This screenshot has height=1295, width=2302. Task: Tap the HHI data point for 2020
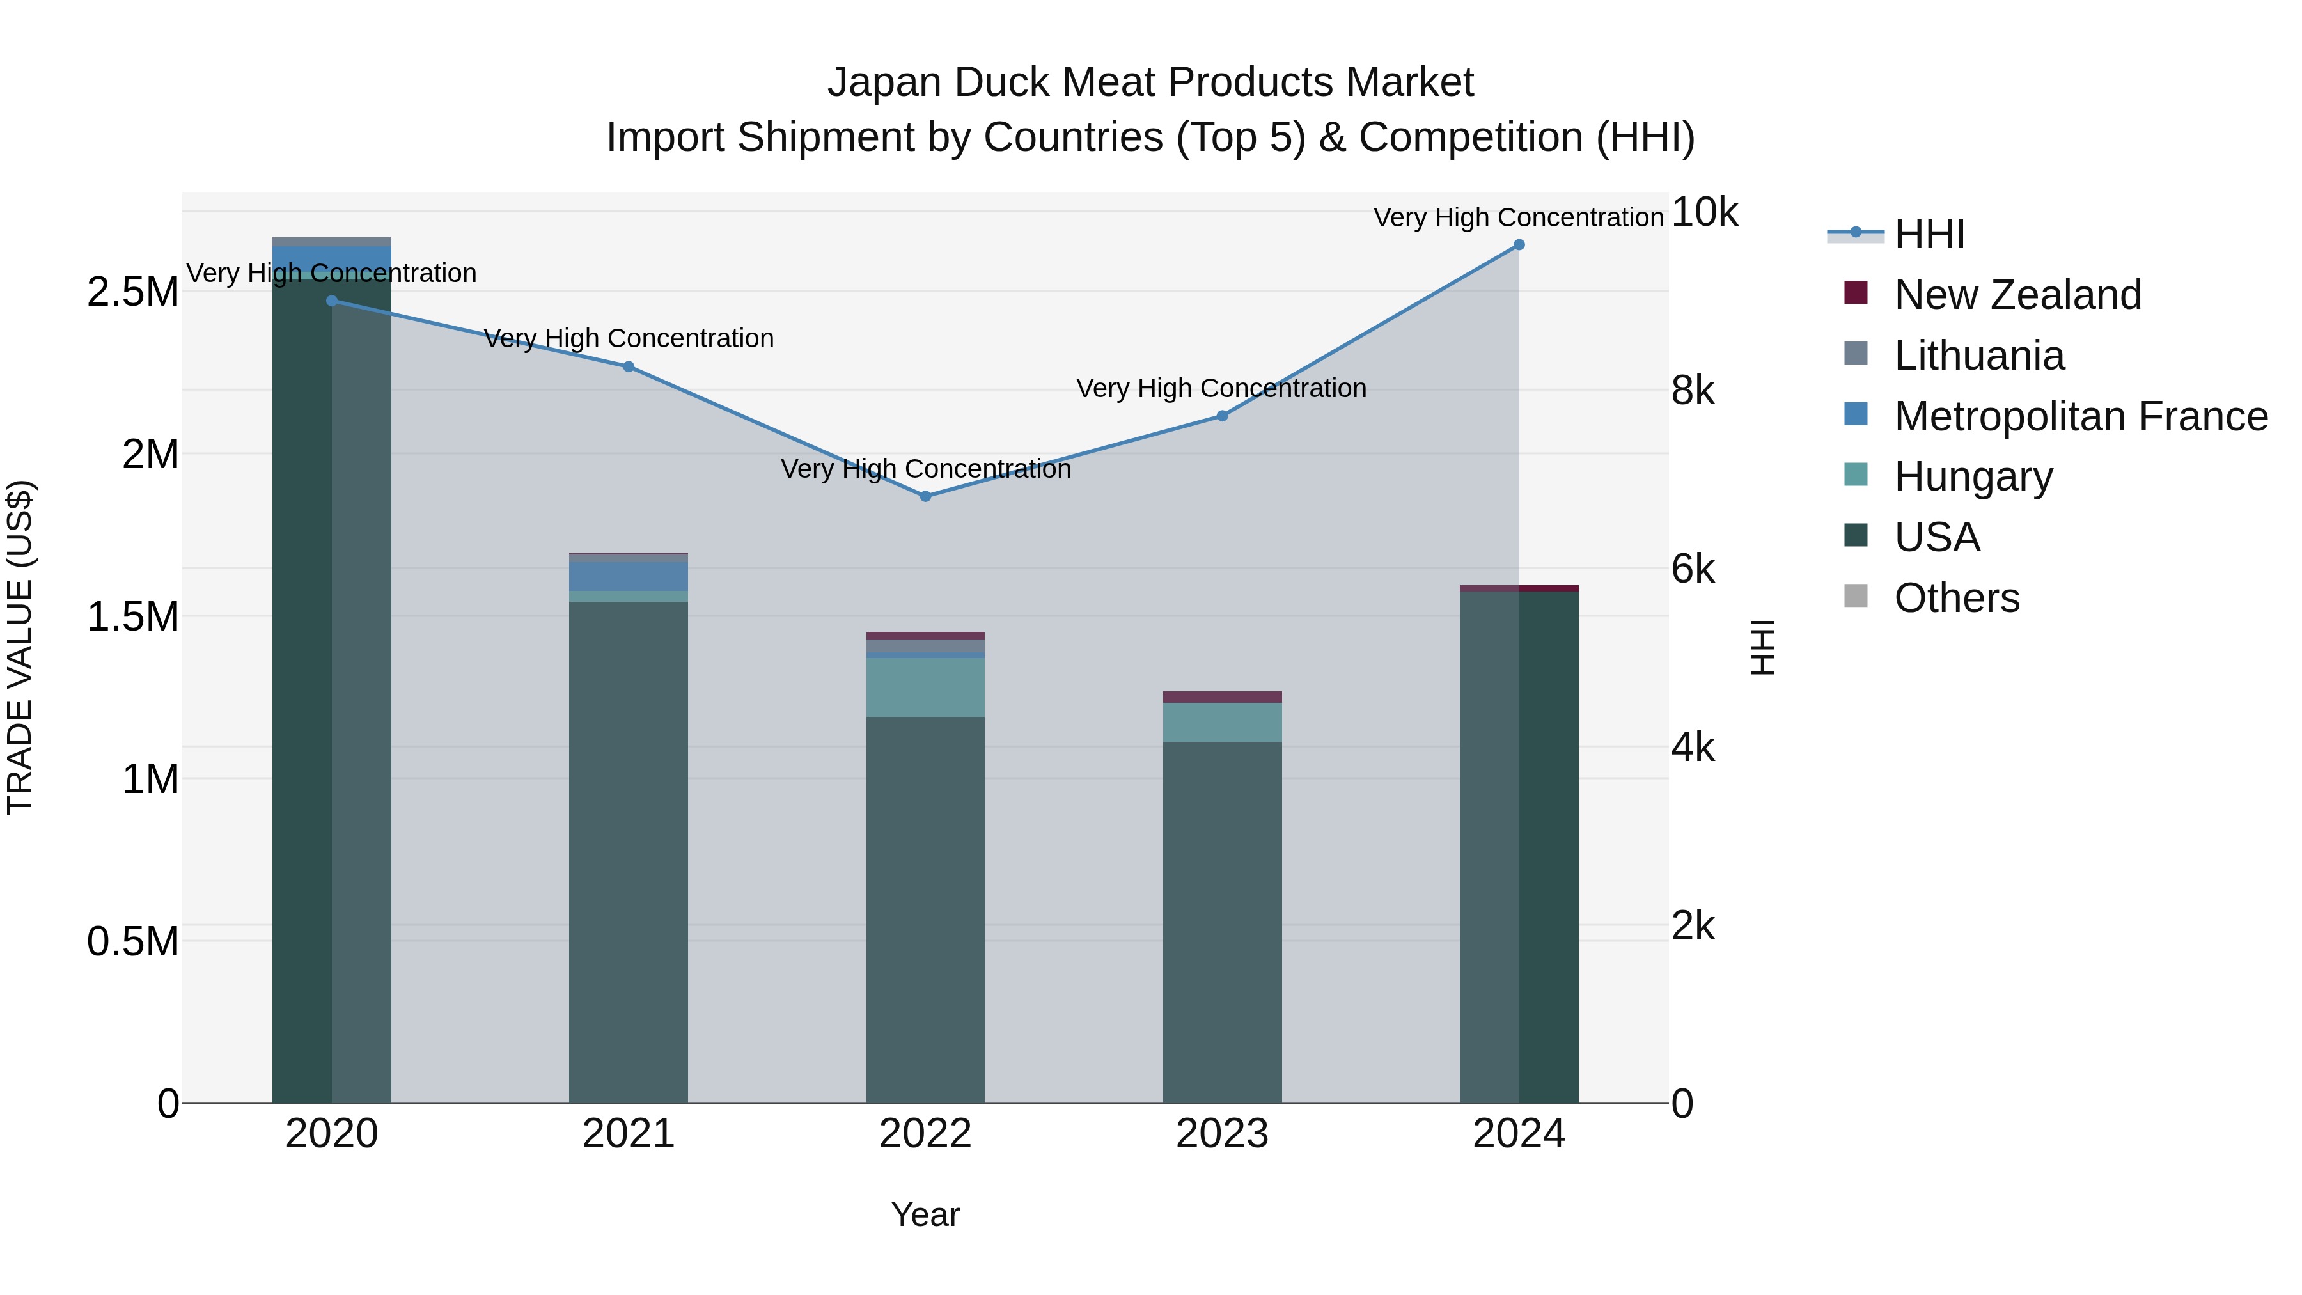[331, 301]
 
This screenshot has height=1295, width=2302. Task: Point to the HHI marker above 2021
[628, 366]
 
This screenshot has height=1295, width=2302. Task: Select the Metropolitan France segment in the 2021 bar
[628, 576]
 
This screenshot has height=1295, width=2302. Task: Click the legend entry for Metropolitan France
[2079, 416]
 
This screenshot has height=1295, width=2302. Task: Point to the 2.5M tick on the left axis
[132, 292]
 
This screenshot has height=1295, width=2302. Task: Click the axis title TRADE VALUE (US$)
[20, 647]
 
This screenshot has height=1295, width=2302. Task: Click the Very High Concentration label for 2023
[1221, 389]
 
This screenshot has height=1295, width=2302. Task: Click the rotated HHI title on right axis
[1762, 647]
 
